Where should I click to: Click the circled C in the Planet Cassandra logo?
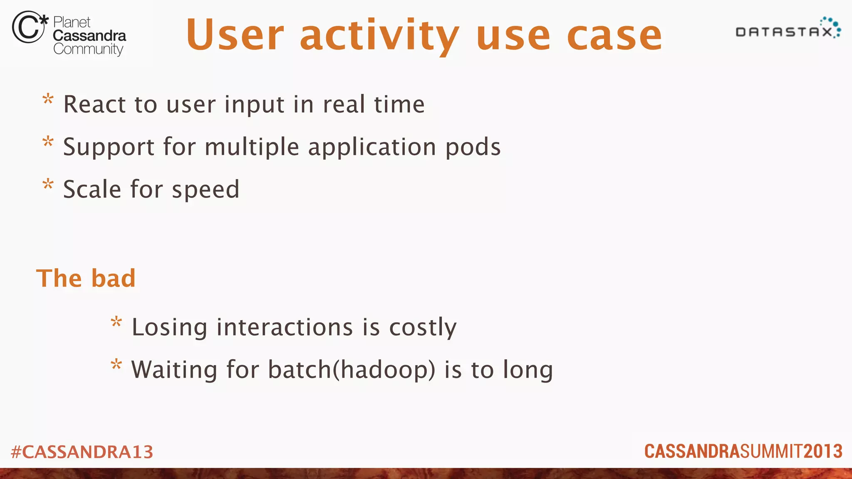point(28,27)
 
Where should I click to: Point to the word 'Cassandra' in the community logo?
point(89,36)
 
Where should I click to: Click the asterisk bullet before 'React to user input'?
point(48,100)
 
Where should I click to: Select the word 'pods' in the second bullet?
point(473,148)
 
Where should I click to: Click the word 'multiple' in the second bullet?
point(252,148)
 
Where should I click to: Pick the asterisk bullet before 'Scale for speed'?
point(48,185)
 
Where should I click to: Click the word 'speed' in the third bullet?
point(206,190)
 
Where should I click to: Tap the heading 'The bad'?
point(86,278)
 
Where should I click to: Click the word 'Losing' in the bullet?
point(169,327)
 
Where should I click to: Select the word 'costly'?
point(423,327)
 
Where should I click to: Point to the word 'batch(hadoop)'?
point(352,370)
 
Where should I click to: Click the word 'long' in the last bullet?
point(528,370)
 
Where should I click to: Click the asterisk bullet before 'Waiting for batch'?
point(116,365)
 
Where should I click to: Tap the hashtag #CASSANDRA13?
point(82,452)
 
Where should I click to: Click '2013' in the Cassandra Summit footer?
point(823,452)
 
